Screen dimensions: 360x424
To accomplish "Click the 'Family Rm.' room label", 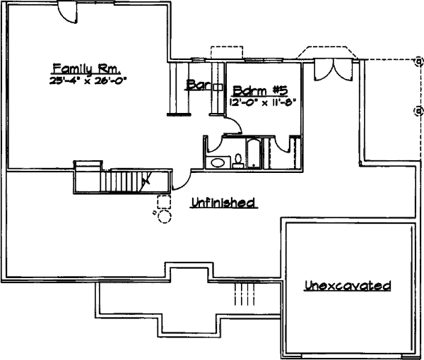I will pyautogui.click(x=86, y=68).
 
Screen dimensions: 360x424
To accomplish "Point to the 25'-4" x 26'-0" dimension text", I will pyautogui.click(x=86, y=80).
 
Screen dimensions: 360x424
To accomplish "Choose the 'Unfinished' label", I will pyautogui.click(x=223, y=203).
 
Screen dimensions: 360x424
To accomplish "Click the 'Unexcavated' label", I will pyautogui.click(x=348, y=286).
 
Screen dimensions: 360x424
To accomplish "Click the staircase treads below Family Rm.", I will pyautogui.click(x=124, y=181).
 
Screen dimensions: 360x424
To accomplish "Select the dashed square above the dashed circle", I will pyautogui.click(x=163, y=200).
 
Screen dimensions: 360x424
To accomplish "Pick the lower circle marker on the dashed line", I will pyautogui.click(x=418, y=110).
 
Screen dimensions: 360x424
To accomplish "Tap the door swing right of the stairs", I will pyautogui.click(x=180, y=181).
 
